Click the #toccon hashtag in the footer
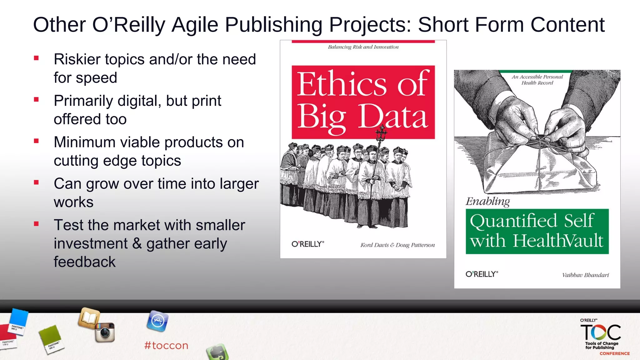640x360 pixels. click(x=166, y=346)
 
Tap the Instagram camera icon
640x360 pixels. click(x=105, y=332)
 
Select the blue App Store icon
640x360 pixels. click(x=157, y=321)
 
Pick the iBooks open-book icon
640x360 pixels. click(x=89, y=318)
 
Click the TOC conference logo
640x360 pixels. click(x=601, y=333)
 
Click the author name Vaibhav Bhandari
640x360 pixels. click(x=585, y=275)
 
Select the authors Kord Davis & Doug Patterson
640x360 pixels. click(x=397, y=245)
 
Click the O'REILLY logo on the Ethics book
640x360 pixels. click(x=308, y=244)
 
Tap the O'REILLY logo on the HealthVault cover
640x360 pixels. click(x=482, y=274)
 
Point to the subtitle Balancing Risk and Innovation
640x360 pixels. click(x=363, y=47)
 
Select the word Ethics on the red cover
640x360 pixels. click(x=342, y=84)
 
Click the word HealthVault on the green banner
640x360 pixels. click(x=558, y=241)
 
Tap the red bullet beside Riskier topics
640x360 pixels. click(x=37, y=58)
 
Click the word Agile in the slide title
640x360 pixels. click(x=195, y=25)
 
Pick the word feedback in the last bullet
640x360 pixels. click(x=85, y=262)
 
